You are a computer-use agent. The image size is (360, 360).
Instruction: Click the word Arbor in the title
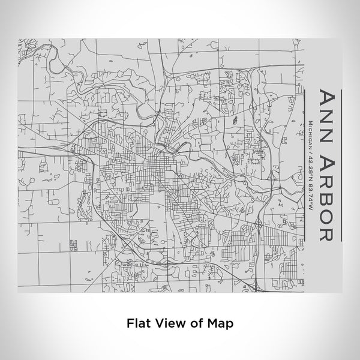[x=328, y=198]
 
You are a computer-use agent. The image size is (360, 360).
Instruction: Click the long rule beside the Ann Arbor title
[x=342, y=166]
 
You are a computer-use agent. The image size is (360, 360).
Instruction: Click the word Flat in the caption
[x=139, y=323]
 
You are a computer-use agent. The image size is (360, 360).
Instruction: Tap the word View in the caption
[x=170, y=323]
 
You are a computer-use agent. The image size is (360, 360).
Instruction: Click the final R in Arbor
[x=328, y=232]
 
